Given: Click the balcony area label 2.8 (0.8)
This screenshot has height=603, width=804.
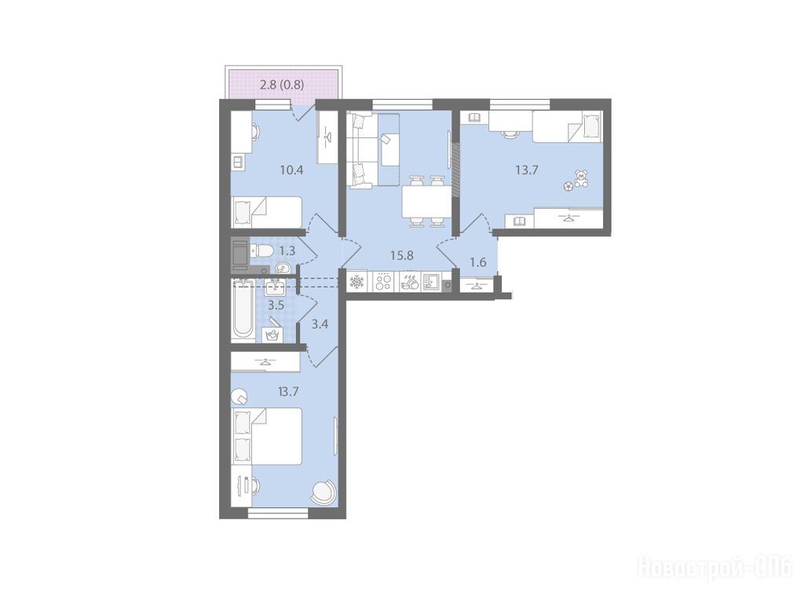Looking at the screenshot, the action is [x=282, y=85].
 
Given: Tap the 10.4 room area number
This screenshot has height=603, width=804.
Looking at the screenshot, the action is [x=292, y=170].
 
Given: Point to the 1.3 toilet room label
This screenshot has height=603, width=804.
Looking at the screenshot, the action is [x=287, y=250].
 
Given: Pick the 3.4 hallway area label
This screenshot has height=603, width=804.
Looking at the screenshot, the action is [x=320, y=324].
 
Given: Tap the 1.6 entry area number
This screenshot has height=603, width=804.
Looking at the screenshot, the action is [x=478, y=262].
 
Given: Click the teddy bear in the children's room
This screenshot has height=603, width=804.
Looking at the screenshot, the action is [x=581, y=178].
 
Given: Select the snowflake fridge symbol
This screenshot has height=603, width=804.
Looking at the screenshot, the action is [x=356, y=282].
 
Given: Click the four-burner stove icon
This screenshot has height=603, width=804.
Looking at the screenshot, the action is [x=383, y=282].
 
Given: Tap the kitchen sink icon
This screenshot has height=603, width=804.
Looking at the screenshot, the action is [x=431, y=282].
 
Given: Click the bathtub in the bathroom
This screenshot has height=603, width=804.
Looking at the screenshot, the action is [x=243, y=310].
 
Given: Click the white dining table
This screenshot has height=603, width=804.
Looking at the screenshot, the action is [x=426, y=202].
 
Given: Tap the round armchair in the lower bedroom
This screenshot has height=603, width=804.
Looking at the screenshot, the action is [x=323, y=492].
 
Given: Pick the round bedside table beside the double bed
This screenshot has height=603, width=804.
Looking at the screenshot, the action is [x=239, y=397].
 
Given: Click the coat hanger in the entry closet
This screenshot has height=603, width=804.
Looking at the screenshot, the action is [x=477, y=285].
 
